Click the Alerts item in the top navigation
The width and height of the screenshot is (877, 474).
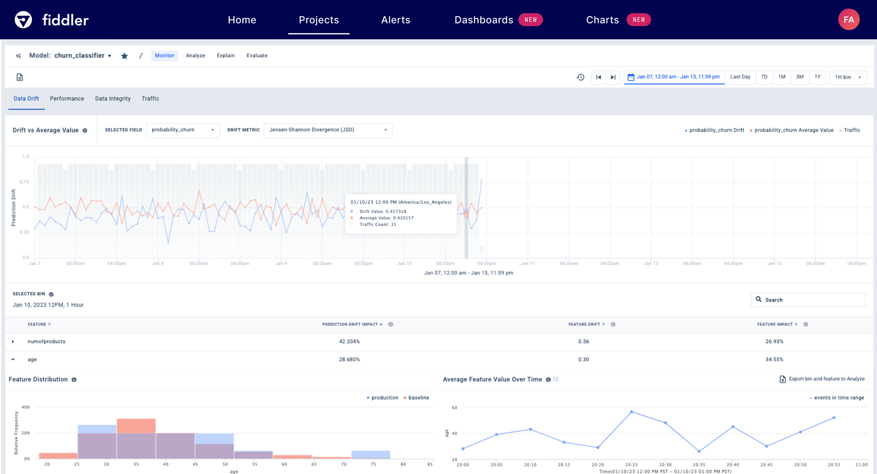click(396, 20)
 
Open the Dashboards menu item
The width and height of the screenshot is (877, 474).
click(484, 20)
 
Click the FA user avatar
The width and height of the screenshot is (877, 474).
click(848, 20)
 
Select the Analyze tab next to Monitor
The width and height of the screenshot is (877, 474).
click(195, 56)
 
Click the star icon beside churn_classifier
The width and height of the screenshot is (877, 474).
click(125, 56)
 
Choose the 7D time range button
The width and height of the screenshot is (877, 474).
click(764, 77)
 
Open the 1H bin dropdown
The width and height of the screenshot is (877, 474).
click(848, 77)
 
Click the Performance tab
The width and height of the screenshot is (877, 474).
click(67, 99)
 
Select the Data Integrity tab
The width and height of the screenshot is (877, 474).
click(113, 99)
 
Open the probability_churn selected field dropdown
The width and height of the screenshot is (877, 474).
click(182, 130)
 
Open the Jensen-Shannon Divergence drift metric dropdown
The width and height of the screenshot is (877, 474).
click(328, 130)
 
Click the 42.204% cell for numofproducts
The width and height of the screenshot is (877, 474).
click(349, 342)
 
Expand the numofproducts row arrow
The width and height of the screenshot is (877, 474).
click(13, 342)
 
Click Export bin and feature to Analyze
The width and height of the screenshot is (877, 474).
click(822, 379)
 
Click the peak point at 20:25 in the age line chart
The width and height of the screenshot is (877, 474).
click(631, 412)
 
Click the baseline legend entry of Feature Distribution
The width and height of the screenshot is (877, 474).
click(418, 398)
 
